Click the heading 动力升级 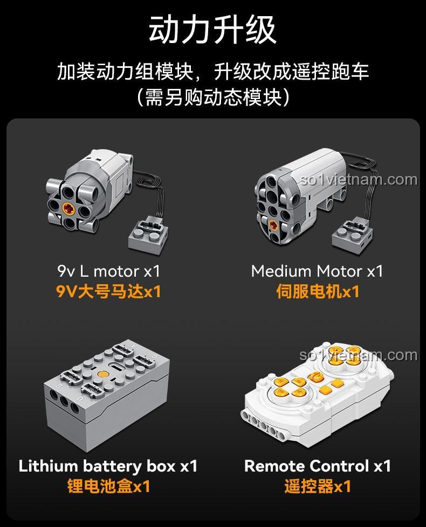coord(212,30)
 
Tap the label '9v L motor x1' coord(109,271)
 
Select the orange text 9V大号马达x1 coord(109,292)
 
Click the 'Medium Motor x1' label coord(317,271)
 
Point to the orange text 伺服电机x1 coord(317,292)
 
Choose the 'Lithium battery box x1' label coord(108,466)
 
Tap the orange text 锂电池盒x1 coord(108,486)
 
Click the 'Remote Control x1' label coord(318,466)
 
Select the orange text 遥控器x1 coord(318,486)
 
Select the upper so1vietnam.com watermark coord(359,179)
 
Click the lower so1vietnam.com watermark coord(359,355)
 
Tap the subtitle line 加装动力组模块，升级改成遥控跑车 coord(212,72)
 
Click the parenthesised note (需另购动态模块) coord(212,97)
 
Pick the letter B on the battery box coord(58,385)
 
